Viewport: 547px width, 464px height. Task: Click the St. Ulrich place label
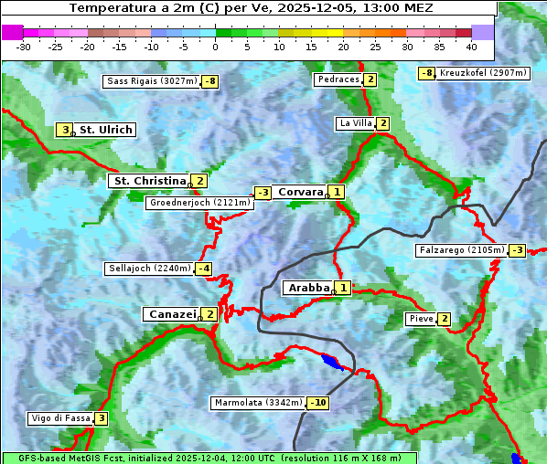click(105, 130)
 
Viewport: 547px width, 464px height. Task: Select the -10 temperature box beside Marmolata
click(318, 403)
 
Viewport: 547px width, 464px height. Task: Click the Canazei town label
click(171, 314)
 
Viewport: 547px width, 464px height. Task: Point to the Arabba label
click(308, 288)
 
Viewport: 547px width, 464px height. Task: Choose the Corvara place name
click(300, 192)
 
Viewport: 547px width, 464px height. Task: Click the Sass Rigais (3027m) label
click(152, 81)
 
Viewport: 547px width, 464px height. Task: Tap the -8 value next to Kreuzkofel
click(426, 73)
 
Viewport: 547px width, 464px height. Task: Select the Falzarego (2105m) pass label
click(461, 250)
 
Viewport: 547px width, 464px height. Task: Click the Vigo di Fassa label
click(60, 418)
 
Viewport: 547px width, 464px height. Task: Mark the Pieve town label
click(421, 319)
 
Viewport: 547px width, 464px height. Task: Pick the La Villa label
click(355, 123)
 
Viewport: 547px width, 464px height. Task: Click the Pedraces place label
click(338, 79)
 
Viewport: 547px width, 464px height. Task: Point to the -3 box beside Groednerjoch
click(263, 193)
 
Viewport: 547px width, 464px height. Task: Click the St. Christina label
click(148, 181)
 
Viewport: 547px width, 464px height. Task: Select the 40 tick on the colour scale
click(471, 46)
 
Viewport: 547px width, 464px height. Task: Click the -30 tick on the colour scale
click(24, 46)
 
